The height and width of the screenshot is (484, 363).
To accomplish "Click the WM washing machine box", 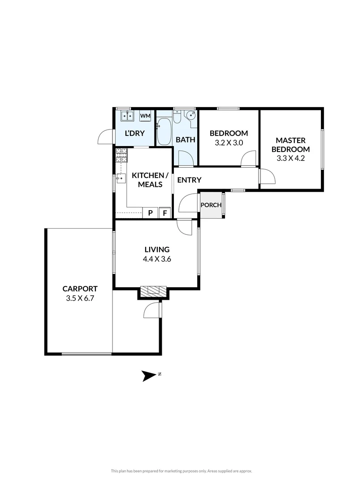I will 145,116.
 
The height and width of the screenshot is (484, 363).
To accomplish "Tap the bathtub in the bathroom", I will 164,131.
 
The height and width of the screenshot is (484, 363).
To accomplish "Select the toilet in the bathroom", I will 178,117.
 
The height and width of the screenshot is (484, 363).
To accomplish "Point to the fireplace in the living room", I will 153,292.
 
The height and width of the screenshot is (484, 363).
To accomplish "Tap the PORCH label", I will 211,205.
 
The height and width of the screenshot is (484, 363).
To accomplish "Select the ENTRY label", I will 189,180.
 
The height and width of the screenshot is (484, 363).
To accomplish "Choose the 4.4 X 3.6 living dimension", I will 157,259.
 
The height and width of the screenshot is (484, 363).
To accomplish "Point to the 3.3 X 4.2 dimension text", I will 290,158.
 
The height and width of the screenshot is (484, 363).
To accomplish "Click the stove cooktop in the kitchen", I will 121,156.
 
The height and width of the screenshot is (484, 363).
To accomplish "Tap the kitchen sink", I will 121,179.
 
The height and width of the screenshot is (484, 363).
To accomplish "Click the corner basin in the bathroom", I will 191,115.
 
